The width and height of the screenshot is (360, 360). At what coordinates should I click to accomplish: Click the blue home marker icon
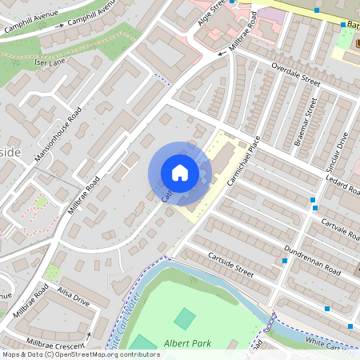coord(180,172)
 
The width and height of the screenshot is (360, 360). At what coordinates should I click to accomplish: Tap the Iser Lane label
coord(51,62)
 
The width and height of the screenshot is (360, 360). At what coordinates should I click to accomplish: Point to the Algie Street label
coord(210,14)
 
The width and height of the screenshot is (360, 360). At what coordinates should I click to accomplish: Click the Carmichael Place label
coord(244,161)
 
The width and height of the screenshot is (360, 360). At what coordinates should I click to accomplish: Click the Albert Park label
coord(187,343)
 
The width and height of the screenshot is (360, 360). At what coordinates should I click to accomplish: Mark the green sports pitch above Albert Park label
coord(185,318)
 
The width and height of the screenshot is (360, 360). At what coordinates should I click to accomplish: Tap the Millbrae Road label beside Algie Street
coord(244,35)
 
